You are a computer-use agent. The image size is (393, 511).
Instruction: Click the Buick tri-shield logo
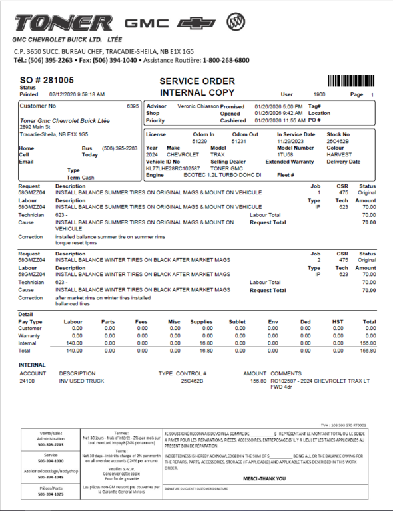pyautogui.click(x=235, y=23)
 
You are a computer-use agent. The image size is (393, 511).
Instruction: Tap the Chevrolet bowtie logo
pyautogui.click(x=200, y=23)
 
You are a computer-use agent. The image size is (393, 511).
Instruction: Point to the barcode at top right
pyautogui.click(x=351, y=81)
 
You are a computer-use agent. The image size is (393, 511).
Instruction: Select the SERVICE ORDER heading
pyautogui.click(x=196, y=81)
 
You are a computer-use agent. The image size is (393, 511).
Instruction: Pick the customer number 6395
pyautogui.click(x=133, y=106)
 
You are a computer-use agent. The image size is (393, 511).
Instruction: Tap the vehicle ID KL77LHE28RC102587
pyautogui.click(x=173, y=169)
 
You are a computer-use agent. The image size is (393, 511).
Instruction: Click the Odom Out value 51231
pyautogui.click(x=239, y=141)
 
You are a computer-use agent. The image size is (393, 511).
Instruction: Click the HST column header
pyautogui.click(x=338, y=322)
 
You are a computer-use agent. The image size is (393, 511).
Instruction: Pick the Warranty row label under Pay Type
pyautogui.click(x=29, y=335)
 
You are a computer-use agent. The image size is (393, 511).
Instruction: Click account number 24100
pyautogui.click(x=27, y=381)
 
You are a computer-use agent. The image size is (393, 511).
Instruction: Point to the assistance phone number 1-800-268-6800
pyautogui.click(x=226, y=60)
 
